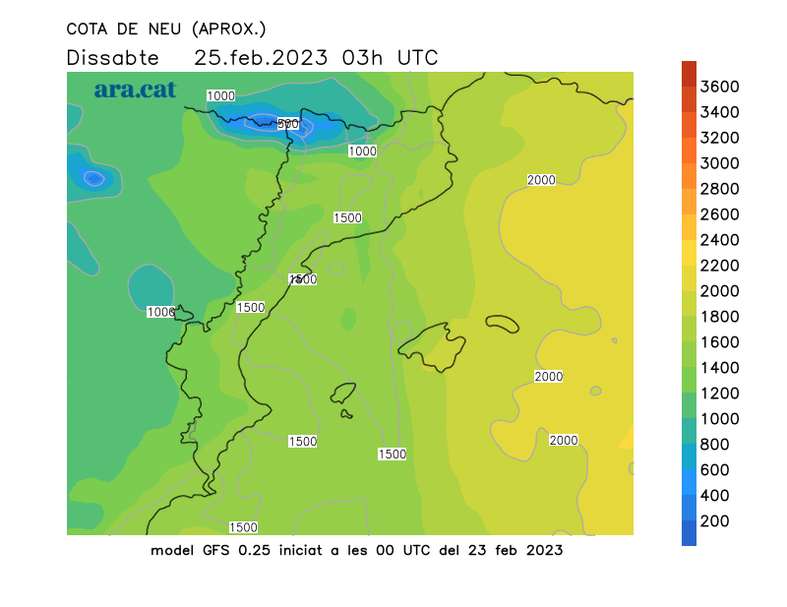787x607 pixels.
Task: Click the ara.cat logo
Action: point(135,90)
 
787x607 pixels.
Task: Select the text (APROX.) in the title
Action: point(229,29)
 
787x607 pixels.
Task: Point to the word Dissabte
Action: point(112,57)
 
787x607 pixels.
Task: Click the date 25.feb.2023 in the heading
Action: point(263,57)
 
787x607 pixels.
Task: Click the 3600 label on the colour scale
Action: point(720,87)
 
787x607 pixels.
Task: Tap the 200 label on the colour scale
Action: point(714,521)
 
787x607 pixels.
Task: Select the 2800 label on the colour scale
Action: point(720,189)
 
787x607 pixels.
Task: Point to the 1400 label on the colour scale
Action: point(720,368)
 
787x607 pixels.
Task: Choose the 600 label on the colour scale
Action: point(714,470)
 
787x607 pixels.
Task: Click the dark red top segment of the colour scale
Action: point(689,72)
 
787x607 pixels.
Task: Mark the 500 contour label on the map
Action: point(287,124)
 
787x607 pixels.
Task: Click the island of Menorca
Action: point(503,323)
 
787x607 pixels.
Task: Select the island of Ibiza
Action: point(343,394)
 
